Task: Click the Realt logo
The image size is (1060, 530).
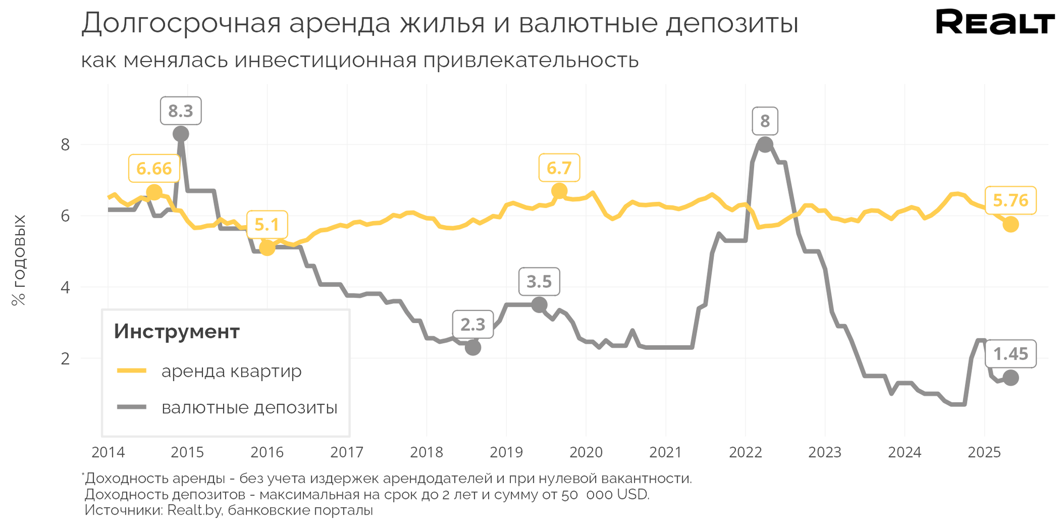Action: pos(995,23)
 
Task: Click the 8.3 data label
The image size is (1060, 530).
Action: pos(180,111)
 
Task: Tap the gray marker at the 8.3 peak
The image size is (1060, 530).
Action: pos(181,134)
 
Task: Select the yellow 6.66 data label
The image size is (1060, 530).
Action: pos(154,168)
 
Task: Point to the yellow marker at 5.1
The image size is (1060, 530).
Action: pos(267,248)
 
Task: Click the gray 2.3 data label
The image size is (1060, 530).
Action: pos(473,325)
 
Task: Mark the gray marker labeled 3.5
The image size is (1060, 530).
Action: pos(539,305)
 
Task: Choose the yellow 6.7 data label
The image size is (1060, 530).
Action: pos(559,168)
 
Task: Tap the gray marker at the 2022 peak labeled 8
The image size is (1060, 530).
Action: pos(765,144)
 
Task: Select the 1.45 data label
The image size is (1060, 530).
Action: pos(1010,354)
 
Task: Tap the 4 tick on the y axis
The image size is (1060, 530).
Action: pos(65,287)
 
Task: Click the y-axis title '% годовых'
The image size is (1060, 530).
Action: pos(19,260)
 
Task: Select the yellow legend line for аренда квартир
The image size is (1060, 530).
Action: pos(132,371)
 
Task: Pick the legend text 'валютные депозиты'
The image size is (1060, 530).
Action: pos(249,408)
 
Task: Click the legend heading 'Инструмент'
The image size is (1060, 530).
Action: pos(176,331)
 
